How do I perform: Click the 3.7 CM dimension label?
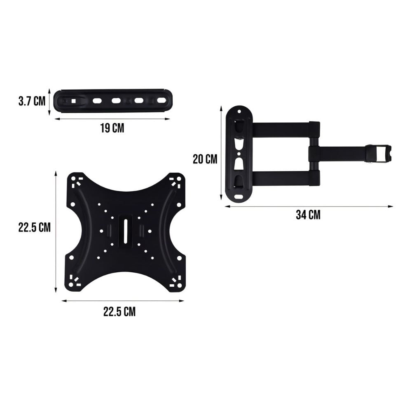(32, 101)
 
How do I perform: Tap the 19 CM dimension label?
(112, 128)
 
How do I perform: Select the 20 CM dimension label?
(205, 159)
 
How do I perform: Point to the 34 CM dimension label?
(308, 215)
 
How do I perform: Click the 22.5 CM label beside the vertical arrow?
(34, 227)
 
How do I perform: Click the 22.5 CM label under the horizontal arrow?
(119, 311)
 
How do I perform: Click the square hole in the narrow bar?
(73, 101)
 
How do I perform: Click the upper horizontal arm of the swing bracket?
(284, 129)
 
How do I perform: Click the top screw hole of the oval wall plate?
(239, 111)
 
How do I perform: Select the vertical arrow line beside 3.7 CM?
(50, 101)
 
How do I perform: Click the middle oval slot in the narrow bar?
(116, 101)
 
